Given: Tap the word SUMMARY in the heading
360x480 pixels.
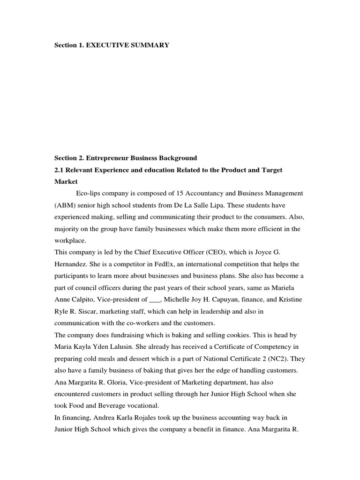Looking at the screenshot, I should (150, 45).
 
